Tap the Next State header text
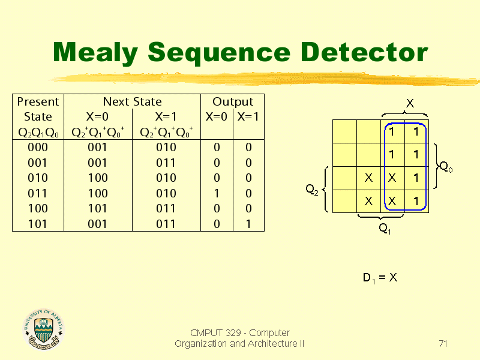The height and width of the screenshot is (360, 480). click(132, 101)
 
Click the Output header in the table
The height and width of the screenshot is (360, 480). click(233, 102)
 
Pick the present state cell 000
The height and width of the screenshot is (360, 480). click(38, 147)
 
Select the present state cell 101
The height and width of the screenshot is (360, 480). click(38, 224)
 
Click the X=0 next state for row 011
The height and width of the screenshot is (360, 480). click(98, 193)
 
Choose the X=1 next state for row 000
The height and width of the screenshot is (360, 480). click(166, 147)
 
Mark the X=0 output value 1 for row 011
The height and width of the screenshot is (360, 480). click(217, 193)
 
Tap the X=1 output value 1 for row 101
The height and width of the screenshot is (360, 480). click(248, 224)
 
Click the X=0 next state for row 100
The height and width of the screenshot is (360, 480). click(98, 208)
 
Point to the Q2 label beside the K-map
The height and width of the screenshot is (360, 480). click(312, 190)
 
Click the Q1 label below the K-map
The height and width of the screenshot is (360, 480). click(385, 228)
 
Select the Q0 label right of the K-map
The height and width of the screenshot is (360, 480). click(446, 167)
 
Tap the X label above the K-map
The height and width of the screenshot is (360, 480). click(410, 103)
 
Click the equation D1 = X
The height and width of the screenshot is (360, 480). click(380, 278)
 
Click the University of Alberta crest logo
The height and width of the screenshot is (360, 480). click(44, 329)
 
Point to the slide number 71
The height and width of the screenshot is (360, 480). click(443, 343)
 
